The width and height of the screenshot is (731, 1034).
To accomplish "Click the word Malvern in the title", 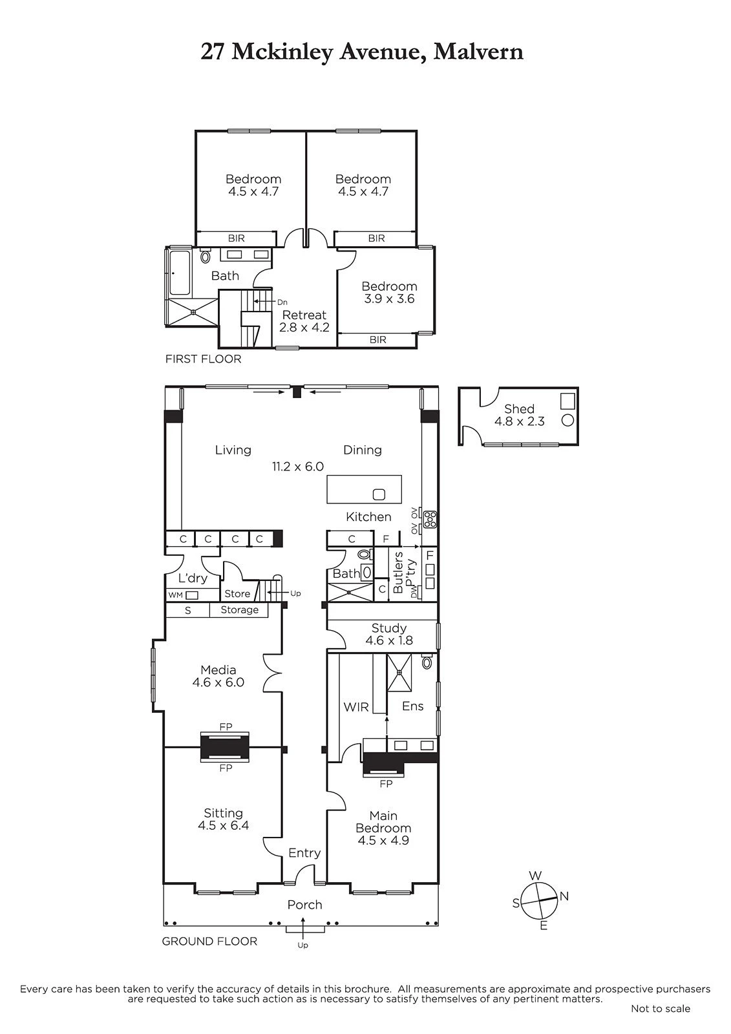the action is point(478,52).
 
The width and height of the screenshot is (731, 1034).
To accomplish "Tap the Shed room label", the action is point(520,408).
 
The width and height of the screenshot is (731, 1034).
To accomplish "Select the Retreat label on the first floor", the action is point(304,315).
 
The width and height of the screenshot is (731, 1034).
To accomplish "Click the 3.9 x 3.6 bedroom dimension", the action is point(389,299).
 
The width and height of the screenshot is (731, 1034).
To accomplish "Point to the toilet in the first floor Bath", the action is point(205,256).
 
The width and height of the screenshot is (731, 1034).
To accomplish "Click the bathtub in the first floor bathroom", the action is point(180,272).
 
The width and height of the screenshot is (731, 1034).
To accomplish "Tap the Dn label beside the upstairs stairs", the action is point(282,302).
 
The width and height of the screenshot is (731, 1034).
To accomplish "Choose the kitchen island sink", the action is point(379,494).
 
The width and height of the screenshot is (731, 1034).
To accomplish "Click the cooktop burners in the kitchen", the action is point(430,520).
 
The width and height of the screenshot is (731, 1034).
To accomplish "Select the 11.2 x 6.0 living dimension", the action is point(298,466).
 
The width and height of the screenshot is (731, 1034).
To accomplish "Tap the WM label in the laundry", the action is point(175,595).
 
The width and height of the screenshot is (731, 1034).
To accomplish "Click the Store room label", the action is point(237,594).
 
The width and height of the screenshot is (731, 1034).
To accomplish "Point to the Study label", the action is point(389,628).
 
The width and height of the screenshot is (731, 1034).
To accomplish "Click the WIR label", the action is point(356,707).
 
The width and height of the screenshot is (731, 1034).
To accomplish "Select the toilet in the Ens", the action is point(427,662).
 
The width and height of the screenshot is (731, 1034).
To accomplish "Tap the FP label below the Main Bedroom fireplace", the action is point(386,783).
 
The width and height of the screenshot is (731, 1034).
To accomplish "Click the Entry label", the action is point(304,853).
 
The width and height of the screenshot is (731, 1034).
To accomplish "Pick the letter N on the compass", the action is point(564,896).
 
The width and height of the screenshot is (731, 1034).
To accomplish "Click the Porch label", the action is point(304,905).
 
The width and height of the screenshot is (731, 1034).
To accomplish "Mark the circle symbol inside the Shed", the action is point(567,421).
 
